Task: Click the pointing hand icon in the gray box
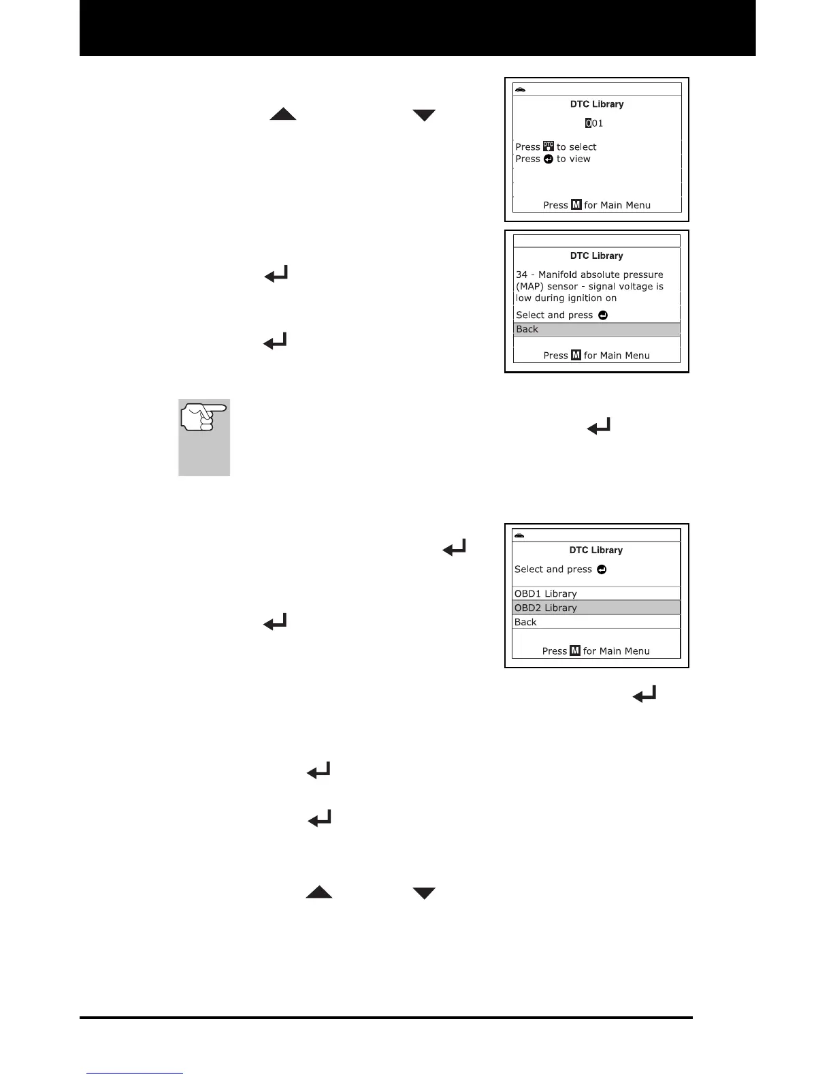[203, 417]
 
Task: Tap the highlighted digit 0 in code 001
[589, 123]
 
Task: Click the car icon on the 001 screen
[521, 90]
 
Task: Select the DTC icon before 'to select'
[549, 146]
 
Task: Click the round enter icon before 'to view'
[549, 159]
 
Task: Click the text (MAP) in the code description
[530, 286]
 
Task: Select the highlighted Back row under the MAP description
[596, 330]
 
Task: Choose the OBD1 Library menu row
[596, 593]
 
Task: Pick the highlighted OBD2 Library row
[596, 608]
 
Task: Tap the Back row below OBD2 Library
[596, 622]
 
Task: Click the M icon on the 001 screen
[576, 205]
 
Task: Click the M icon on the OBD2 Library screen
[575, 651]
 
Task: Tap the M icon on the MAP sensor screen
[576, 355]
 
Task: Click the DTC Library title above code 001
[596, 104]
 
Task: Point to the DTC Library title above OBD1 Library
[595, 550]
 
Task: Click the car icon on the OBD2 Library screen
[521, 535]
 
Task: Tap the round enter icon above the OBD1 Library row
[602, 569]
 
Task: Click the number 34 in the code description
[521, 275]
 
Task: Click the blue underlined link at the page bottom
[135, 1074]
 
